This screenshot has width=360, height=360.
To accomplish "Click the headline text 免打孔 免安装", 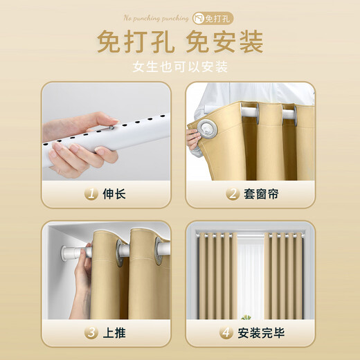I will (180, 42).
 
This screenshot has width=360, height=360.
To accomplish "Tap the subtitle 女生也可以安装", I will (180, 67).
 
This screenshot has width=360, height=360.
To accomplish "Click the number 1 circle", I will (91, 194).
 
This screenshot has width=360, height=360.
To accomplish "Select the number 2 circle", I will (233, 194).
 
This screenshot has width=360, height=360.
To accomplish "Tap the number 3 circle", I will (91, 333).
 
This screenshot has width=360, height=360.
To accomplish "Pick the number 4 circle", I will (226, 333).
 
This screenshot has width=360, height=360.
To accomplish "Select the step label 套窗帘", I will (262, 194).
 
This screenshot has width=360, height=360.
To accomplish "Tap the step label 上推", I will (115, 333).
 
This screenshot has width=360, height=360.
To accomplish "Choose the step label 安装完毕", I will (262, 333).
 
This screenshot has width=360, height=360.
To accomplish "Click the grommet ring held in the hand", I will (206, 129).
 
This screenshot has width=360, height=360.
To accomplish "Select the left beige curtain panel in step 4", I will (215, 277).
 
